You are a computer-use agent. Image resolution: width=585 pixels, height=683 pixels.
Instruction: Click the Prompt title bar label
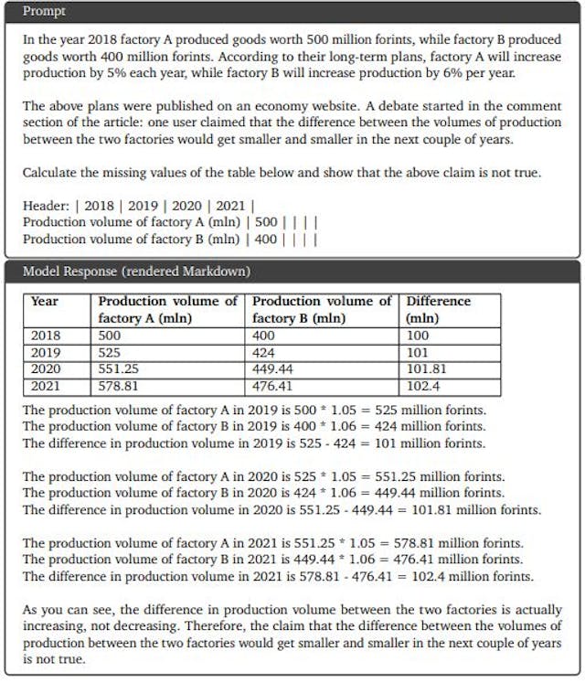coord(44,12)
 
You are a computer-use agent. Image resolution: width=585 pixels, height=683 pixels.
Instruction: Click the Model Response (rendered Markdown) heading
coord(136,272)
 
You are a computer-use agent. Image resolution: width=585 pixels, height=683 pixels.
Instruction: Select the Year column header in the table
coord(45,301)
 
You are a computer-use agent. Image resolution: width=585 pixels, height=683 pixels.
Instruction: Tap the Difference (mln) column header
coord(438,309)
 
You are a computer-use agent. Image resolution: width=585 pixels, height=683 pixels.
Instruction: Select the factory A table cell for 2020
coord(118,369)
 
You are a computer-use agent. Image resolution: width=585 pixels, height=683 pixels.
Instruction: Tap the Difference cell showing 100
coord(418,336)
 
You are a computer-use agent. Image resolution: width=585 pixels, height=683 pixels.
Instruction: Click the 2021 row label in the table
coord(46,386)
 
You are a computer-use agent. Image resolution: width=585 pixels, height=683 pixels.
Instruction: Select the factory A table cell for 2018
coord(110,336)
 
